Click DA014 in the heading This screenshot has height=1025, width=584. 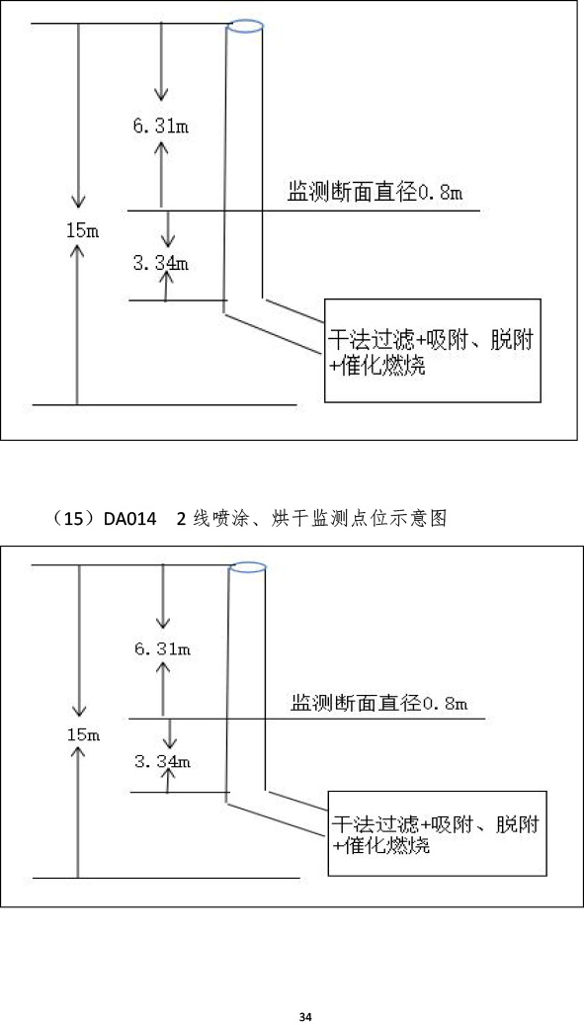[130, 520]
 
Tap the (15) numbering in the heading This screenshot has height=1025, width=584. [75, 520]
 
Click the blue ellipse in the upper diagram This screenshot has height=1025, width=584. [246, 26]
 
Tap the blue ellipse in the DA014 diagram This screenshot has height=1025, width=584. [247, 566]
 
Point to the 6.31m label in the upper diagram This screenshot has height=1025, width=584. [161, 127]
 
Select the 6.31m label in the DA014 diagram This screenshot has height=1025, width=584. [163, 649]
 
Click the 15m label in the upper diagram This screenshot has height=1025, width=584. [82, 231]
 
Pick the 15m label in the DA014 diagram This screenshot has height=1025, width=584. [83, 734]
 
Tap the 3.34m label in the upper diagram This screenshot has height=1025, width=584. [161, 264]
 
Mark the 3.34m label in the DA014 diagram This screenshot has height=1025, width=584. [162, 761]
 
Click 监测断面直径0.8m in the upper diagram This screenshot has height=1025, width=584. [375, 193]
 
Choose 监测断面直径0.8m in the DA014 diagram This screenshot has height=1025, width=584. [379, 704]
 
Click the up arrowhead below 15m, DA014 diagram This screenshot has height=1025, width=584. [78, 754]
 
